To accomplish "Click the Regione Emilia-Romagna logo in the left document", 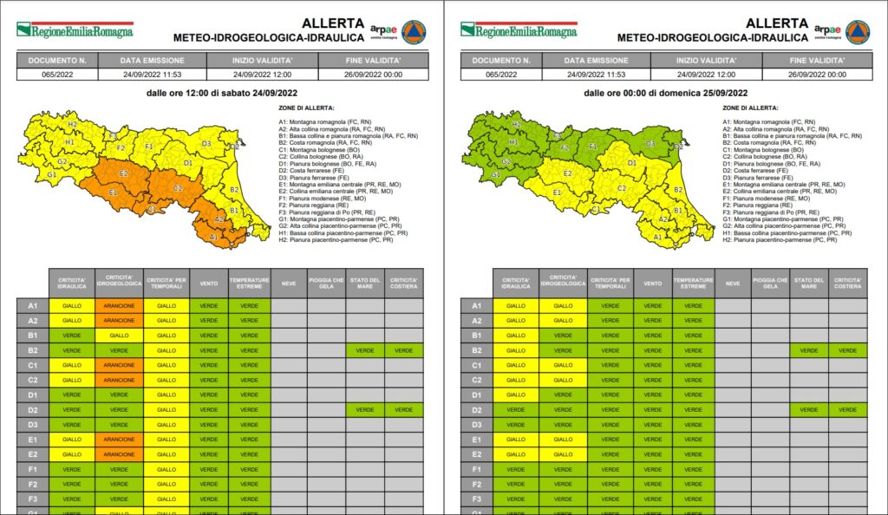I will click(x=75, y=30).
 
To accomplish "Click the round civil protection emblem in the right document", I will click(x=858, y=31).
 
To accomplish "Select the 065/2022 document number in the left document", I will click(x=56, y=75).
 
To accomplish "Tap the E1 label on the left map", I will click(x=114, y=192).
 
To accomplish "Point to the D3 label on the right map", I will click(x=650, y=144).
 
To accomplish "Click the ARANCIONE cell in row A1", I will click(x=119, y=305).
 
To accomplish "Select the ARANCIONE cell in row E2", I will click(x=119, y=454).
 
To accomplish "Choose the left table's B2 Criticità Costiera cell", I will click(x=403, y=350).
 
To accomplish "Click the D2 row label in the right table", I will click(x=476, y=409).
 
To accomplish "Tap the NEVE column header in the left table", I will click(x=289, y=282).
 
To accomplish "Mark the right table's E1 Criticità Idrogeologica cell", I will click(x=563, y=440).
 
